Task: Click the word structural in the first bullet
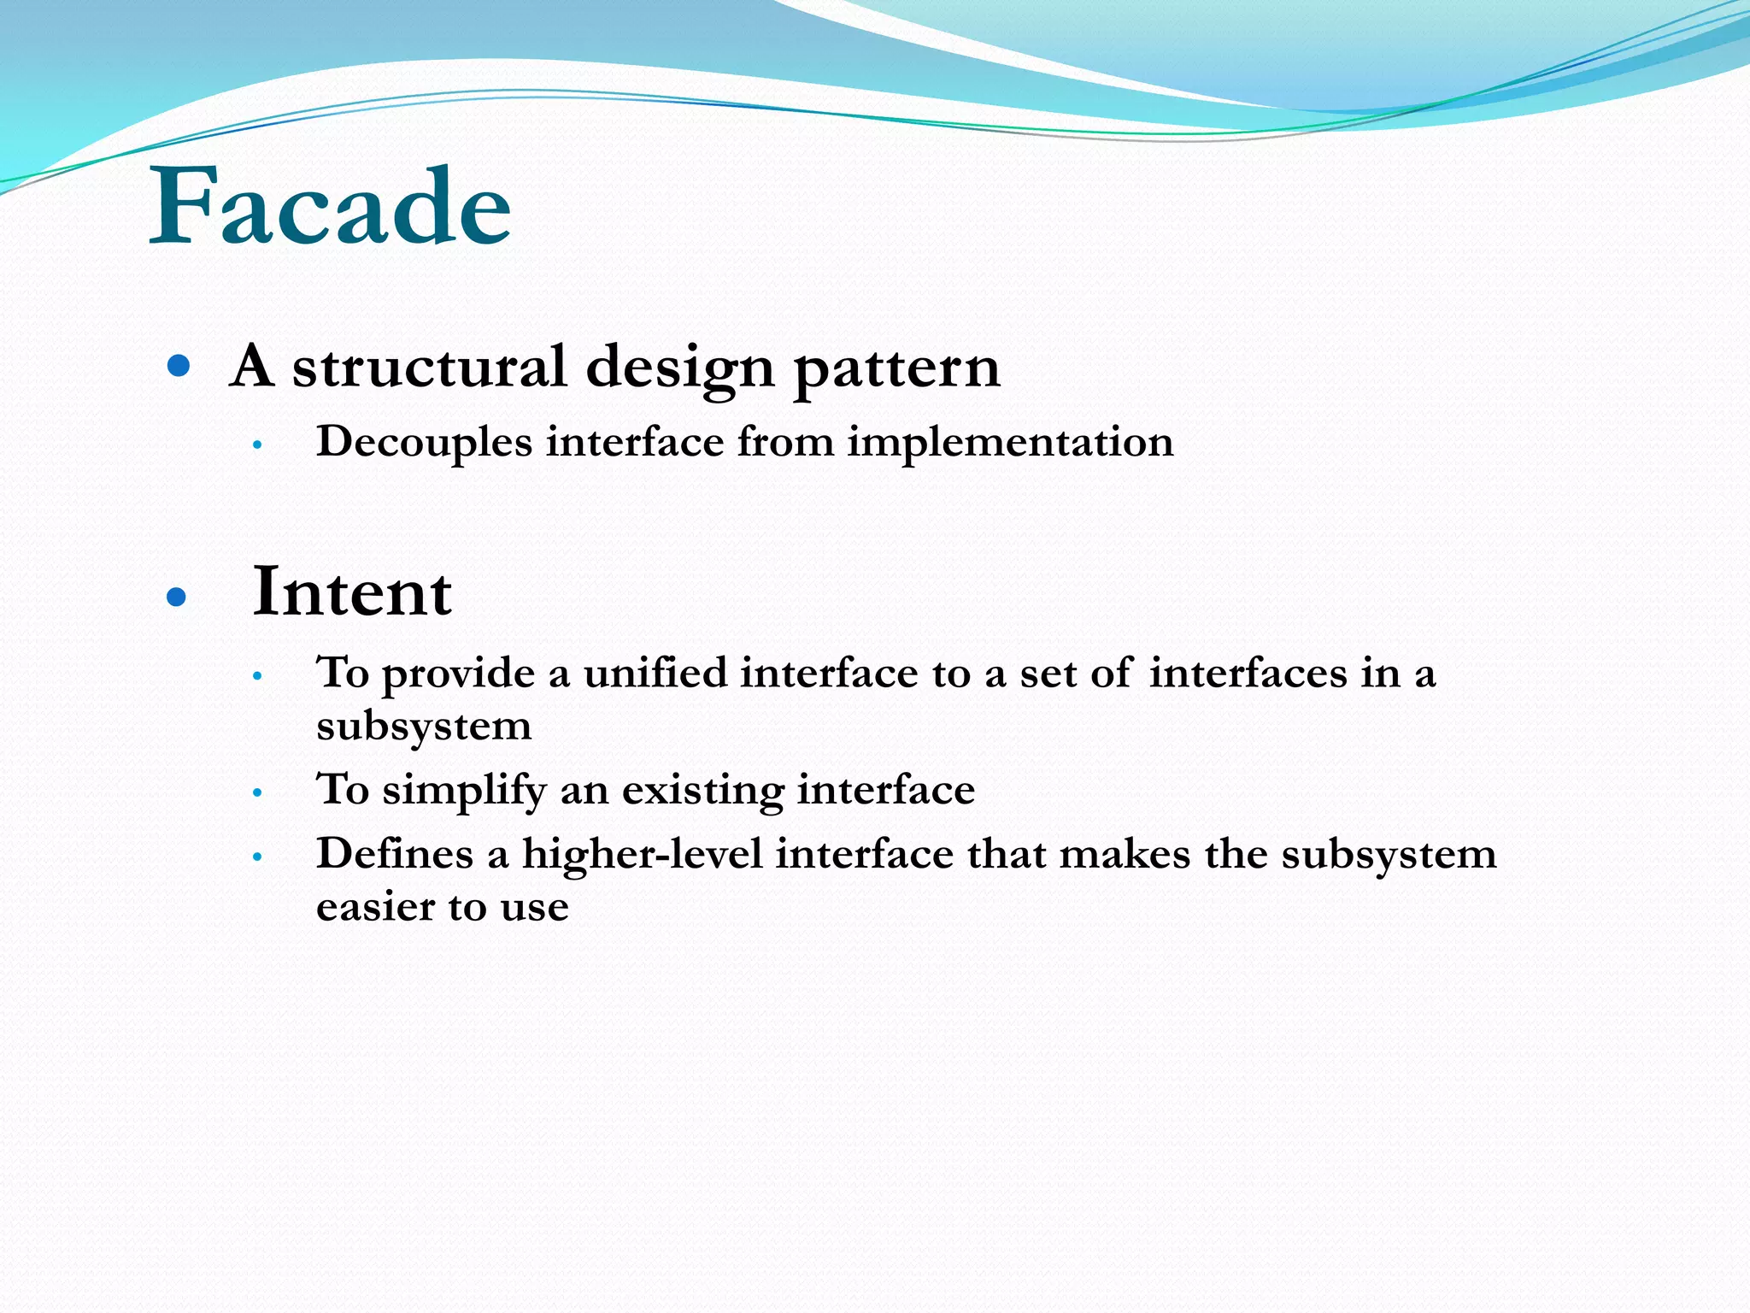pos(429,368)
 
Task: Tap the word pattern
pos(896,369)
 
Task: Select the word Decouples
pos(424,443)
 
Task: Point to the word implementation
pos(1010,443)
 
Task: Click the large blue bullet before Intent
pos(177,598)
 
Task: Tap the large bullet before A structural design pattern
pos(178,368)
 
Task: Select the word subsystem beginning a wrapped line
pos(424,727)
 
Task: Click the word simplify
pos(464,790)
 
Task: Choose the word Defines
pos(394,853)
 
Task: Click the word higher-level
pos(642,853)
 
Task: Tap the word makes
pos(1125,853)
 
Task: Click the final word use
pos(534,909)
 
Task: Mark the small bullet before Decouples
pos(256,445)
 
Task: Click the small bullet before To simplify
pos(256,792)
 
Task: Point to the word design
pos(679,369)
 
